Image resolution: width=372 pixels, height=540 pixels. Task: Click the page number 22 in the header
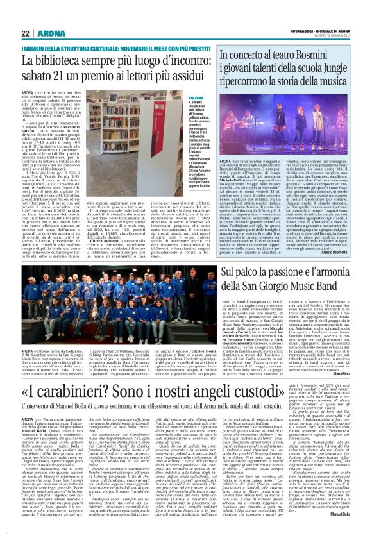coord(25,33)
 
